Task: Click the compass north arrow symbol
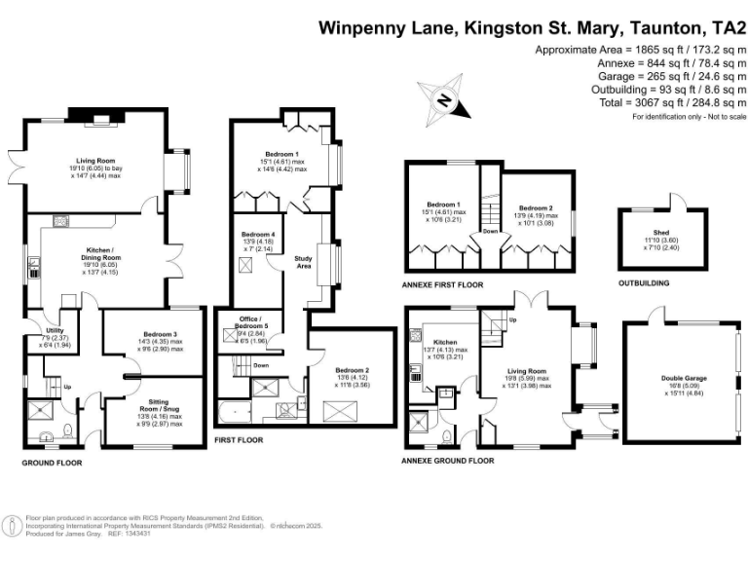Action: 443,99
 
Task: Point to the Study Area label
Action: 304,261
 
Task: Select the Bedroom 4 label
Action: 257,235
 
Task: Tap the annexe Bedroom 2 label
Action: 535,208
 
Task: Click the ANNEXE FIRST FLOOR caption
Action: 442,285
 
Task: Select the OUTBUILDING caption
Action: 644,284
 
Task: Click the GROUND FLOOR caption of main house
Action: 52,463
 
